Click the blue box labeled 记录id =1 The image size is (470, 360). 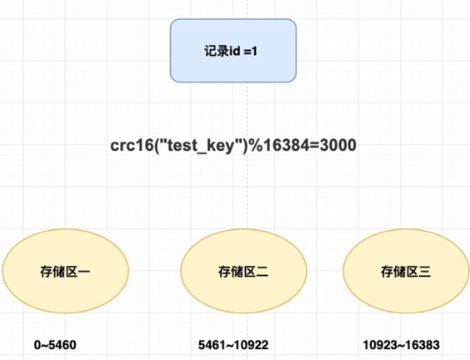(x=233, y=50)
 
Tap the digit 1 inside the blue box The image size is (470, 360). (x=259, y=51)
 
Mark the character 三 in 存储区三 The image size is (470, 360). (x=424, y=271)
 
